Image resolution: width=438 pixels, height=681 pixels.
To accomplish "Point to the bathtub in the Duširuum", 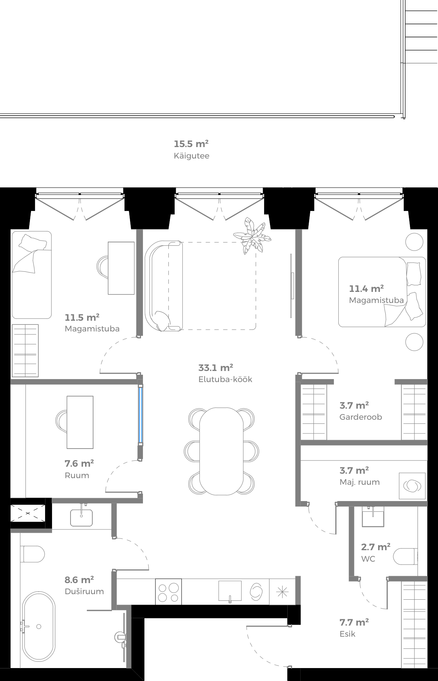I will pyautogui.click(x=38, y=627).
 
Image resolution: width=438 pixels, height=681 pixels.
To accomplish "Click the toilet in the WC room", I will pyautogui.click(x=406, y=556).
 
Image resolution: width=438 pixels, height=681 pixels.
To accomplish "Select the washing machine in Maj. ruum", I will pyautogui.click(x=412, y=486).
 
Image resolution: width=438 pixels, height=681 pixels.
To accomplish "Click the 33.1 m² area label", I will pyautogui.click(x=216, y=368).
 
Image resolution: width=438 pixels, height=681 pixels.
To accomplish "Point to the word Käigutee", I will pyautogui.click(x=191, y=156).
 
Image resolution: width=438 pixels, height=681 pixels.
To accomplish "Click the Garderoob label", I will pyautogui.click(x=360, y=417).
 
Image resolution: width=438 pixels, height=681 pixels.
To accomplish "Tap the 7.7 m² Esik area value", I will pyautogui.click(x=354, y=622).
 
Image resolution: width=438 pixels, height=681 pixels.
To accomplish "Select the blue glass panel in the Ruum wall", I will pyautogui.click(x=140, y=414).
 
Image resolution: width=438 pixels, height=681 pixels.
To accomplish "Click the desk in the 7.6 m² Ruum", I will pyautogui.click(x=80, y=422).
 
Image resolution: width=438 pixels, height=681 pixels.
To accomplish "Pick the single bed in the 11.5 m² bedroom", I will pyautogui.click(x=31, y=275).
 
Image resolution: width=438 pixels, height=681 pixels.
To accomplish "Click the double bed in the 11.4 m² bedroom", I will pyautogui.click(x=382, y=292).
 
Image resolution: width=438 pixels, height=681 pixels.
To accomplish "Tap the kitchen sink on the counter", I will pyautogui.click(x=230, y=591).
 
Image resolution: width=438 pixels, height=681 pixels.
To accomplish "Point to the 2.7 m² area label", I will pyautogui.click(x=376, y=547).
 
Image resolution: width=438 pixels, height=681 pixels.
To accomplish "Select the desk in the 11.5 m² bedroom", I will pyautogui.click(x=121, y=268).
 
